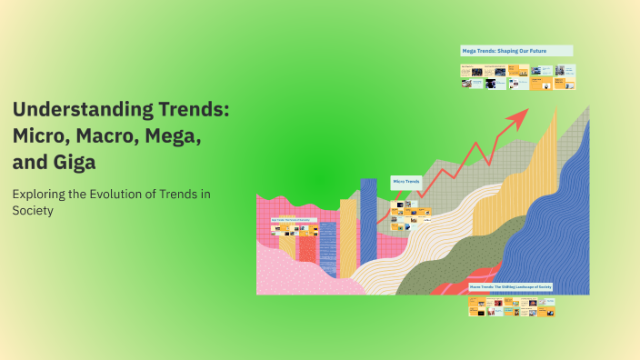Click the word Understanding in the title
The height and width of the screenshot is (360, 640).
[74, 111]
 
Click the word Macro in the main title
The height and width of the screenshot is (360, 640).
[101, 136]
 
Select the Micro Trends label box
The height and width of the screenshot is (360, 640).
[406, 182]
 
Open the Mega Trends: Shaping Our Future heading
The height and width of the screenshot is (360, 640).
[516, 51]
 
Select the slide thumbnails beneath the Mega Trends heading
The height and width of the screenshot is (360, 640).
[517, 76]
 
